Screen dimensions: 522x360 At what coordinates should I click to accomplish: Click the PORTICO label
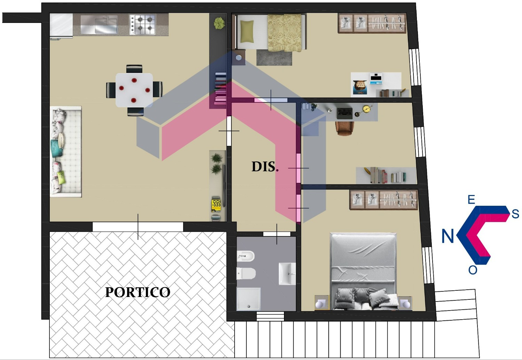tap(138, 292)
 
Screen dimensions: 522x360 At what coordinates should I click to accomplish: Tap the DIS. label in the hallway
tap(265, 167)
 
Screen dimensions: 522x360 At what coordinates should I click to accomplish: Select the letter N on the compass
tap(448, 236)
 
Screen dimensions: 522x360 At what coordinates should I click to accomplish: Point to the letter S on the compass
tap(515, 214)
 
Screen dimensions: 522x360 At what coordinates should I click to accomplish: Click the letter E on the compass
tap(471, 199)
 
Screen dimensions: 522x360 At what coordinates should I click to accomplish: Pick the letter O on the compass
tap(473, 270)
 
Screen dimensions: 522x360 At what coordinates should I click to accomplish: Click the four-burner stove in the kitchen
tap(143, 24)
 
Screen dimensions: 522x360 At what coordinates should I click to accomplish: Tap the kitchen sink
tap(99, 24)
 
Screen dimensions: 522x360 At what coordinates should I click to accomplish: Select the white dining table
tap(134, 90)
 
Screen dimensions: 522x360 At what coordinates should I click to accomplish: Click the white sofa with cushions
tap(66, 151)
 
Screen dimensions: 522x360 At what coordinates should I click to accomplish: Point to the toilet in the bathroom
tap(246, 273)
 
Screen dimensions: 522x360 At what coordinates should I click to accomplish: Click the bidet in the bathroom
tap(246, 256)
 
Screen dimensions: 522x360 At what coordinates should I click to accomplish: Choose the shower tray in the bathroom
tap(248, 299)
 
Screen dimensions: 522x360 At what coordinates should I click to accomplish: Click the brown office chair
tap(345, 128)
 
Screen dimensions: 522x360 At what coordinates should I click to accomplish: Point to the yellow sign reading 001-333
tap(216, 204)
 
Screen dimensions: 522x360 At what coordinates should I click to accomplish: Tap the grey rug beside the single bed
tap(274, 57)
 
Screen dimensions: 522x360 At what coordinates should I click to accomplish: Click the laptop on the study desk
tap(345, 113)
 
